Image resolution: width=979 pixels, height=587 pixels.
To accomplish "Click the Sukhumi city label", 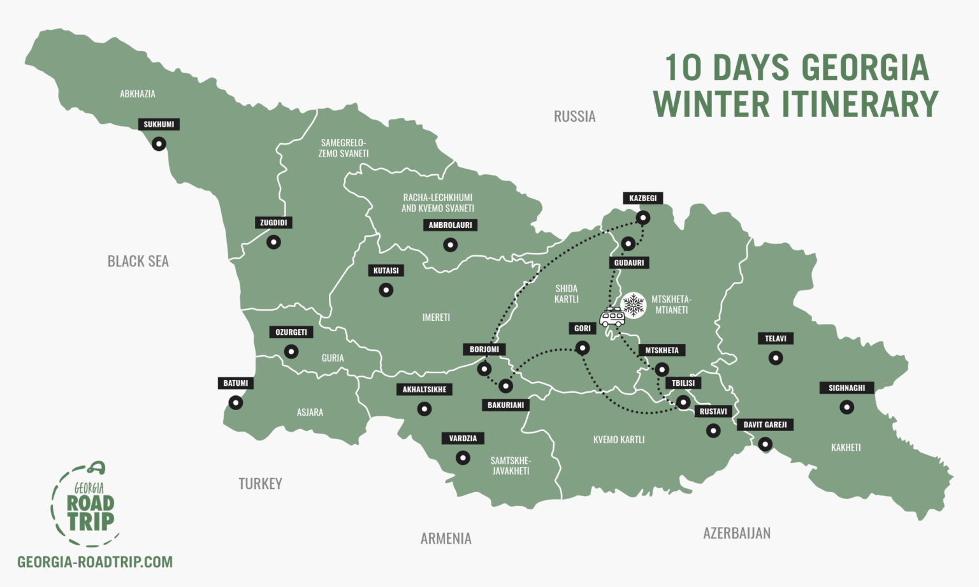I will (x=159, y=124).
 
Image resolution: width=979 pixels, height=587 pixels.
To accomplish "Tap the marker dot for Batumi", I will (x=236, y=402).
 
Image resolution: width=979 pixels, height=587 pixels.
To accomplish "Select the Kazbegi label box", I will (x=642, y=198).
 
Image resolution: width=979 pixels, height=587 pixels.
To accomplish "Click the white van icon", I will (x=612, y=316).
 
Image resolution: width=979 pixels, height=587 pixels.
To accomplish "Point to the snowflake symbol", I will (x=634, y=305).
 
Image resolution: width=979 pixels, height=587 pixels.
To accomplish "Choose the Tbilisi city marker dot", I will (x=683, y=402).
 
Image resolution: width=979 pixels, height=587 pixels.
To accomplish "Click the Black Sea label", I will (x=138, y=261).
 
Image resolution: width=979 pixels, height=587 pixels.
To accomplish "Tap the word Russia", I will (x=574, y=117).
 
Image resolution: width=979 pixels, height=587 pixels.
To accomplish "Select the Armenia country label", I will (x=446, y=539).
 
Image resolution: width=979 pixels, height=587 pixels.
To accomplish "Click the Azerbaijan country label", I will (x=736, y=533).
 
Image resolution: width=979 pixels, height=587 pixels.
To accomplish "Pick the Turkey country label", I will (x=260, y=484).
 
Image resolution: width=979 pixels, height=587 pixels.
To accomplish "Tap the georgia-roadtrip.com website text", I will (x=95, y=562).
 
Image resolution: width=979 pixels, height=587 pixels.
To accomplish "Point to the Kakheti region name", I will (x=846, y=448).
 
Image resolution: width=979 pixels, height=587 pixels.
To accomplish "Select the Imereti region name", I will (x=436, y=317).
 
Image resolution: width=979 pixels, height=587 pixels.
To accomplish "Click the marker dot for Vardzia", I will (x=463, y=458).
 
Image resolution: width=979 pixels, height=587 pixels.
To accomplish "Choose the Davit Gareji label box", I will (x=765, y=425).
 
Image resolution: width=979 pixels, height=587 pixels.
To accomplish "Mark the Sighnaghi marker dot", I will (x=846, y=407).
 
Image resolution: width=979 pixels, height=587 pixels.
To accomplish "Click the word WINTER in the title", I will (x=711, y=104).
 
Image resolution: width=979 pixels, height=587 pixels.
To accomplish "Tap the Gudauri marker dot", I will (x=628, y=243).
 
